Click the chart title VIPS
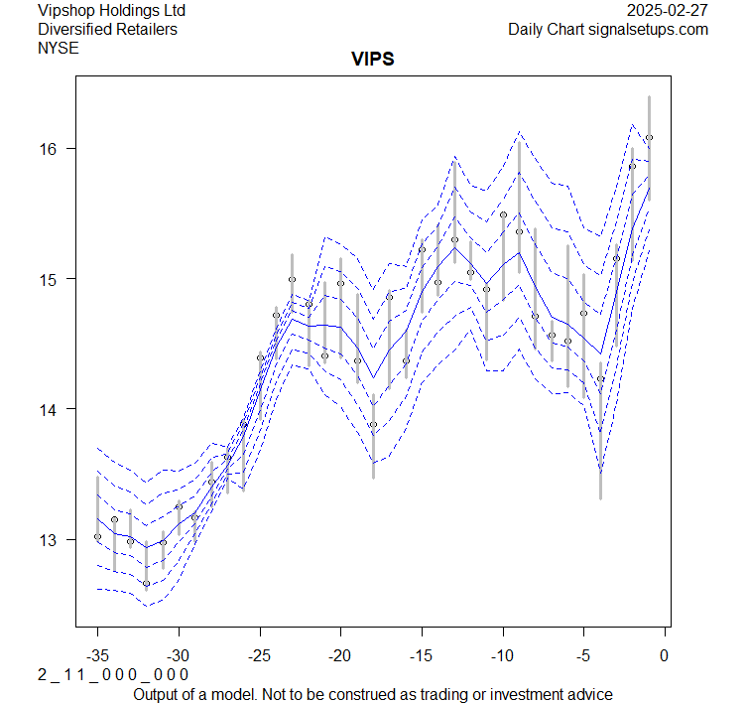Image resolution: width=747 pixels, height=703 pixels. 373,60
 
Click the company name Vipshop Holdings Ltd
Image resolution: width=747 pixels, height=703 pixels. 111,11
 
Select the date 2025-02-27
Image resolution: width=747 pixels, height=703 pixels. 668,11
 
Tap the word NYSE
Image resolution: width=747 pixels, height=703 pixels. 58,47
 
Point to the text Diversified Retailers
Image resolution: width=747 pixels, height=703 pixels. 107,29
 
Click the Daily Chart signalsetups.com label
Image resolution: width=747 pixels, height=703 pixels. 608,29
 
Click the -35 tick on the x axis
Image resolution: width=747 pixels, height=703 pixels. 97,655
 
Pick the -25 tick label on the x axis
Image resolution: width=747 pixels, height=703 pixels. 260,655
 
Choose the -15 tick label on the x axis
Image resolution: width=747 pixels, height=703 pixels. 422,655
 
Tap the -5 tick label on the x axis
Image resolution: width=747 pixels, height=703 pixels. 583,655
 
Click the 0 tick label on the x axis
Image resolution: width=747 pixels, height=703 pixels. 665,655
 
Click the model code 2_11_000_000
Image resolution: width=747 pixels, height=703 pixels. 113,675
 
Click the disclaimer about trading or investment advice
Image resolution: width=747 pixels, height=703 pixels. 373,694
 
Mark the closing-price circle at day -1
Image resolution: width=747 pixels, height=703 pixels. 649,138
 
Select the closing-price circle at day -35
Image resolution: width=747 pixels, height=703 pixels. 97,537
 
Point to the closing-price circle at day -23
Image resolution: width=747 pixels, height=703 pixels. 292,280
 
